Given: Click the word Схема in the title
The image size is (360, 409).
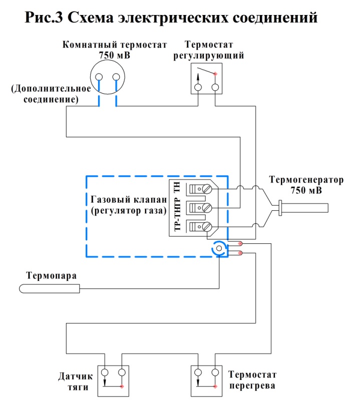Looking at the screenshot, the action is coord(91,18).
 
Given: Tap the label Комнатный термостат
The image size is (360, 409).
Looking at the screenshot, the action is coord(115,45).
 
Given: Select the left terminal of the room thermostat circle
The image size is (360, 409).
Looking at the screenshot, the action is coord(99,77).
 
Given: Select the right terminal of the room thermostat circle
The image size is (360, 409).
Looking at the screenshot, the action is coord(116,77).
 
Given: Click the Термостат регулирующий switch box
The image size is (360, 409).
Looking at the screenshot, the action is coord(207,78).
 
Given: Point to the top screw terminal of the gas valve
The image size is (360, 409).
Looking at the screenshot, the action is coord(207,189).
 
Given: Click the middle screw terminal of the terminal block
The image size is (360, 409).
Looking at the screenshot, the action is coord(207,208).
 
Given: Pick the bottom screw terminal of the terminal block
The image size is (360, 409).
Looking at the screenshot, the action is coord(207,227).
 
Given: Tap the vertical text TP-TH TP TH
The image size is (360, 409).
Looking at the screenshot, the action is coord(177,207).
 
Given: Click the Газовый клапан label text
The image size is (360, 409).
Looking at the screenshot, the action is coord(129,200).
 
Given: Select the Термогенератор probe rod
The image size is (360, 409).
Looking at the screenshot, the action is coord(303,208).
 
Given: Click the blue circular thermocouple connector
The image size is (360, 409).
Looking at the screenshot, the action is coord(219,248).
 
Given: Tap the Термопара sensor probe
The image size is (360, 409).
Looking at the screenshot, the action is coord(49,289).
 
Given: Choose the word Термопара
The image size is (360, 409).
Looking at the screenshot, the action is coord(52,276).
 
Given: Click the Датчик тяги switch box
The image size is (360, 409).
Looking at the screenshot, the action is coord(113,381).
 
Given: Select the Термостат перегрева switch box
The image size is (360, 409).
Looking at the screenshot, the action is coord(207,381).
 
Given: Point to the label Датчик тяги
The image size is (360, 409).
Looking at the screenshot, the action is coord(76,381).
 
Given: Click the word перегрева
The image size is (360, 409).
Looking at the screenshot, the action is coord(252,386).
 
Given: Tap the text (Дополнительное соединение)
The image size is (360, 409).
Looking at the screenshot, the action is coord(51,94).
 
